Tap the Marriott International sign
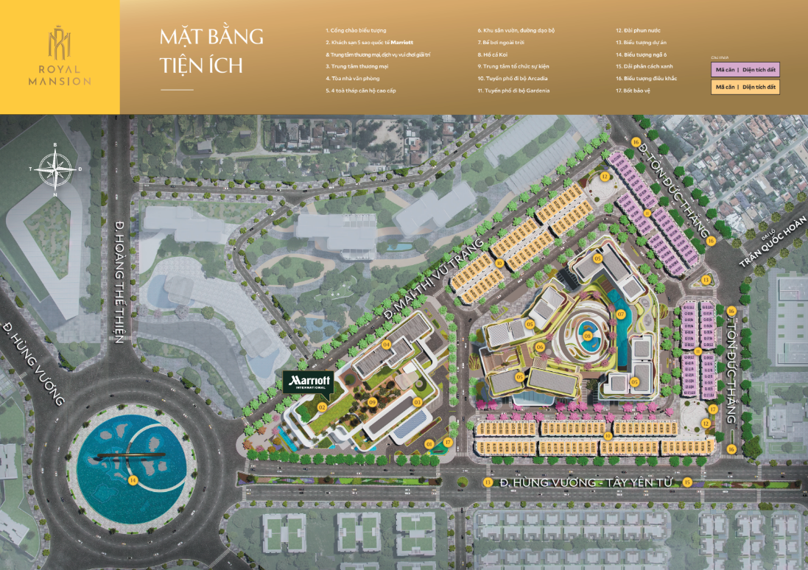point(309,381)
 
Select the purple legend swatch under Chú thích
point(744,70)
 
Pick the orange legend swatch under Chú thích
point(744,87)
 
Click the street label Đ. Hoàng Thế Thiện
point(119,281)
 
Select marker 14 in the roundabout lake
point(133,480)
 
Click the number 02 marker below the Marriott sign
point(322,406)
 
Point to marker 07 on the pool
point(620,315)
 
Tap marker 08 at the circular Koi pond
point(587,336)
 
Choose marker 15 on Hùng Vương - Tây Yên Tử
point(686,482)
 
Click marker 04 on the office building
point(386,344)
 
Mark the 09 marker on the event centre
point(373,401)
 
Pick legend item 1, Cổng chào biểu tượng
point(356,31)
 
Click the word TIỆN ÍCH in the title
point(200,65)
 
